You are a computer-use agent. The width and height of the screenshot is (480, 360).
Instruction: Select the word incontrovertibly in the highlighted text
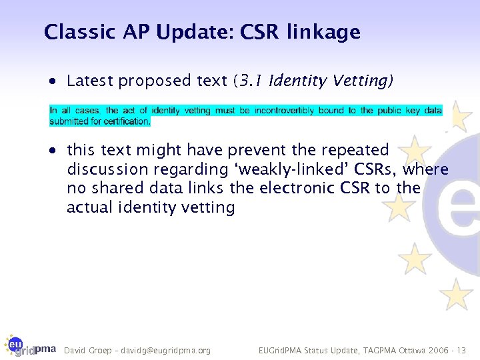click(286, 111)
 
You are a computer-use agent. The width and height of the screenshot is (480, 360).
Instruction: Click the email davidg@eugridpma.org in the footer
click(171, 350)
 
